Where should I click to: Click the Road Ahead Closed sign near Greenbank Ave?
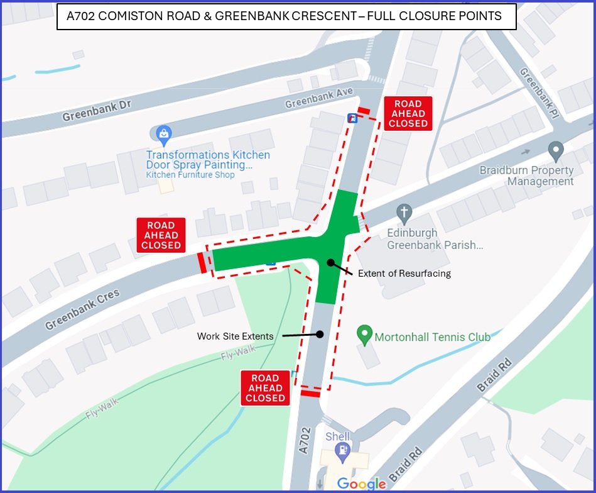[408, 114]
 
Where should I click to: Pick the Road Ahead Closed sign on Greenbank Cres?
[161, 235]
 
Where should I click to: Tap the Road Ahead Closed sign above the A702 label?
[265, 388]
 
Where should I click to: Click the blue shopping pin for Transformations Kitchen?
[163, 134]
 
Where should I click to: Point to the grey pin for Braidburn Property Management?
[555, 152]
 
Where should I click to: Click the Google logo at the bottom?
[361, 484]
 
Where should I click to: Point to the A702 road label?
[305, 440]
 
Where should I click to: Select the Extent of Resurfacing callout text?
[404, 274]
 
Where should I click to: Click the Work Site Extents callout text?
[235, 336]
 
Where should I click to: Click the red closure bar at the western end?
[202, 262]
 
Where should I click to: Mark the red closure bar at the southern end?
[310, 394]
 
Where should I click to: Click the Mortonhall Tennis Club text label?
[432, 337]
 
